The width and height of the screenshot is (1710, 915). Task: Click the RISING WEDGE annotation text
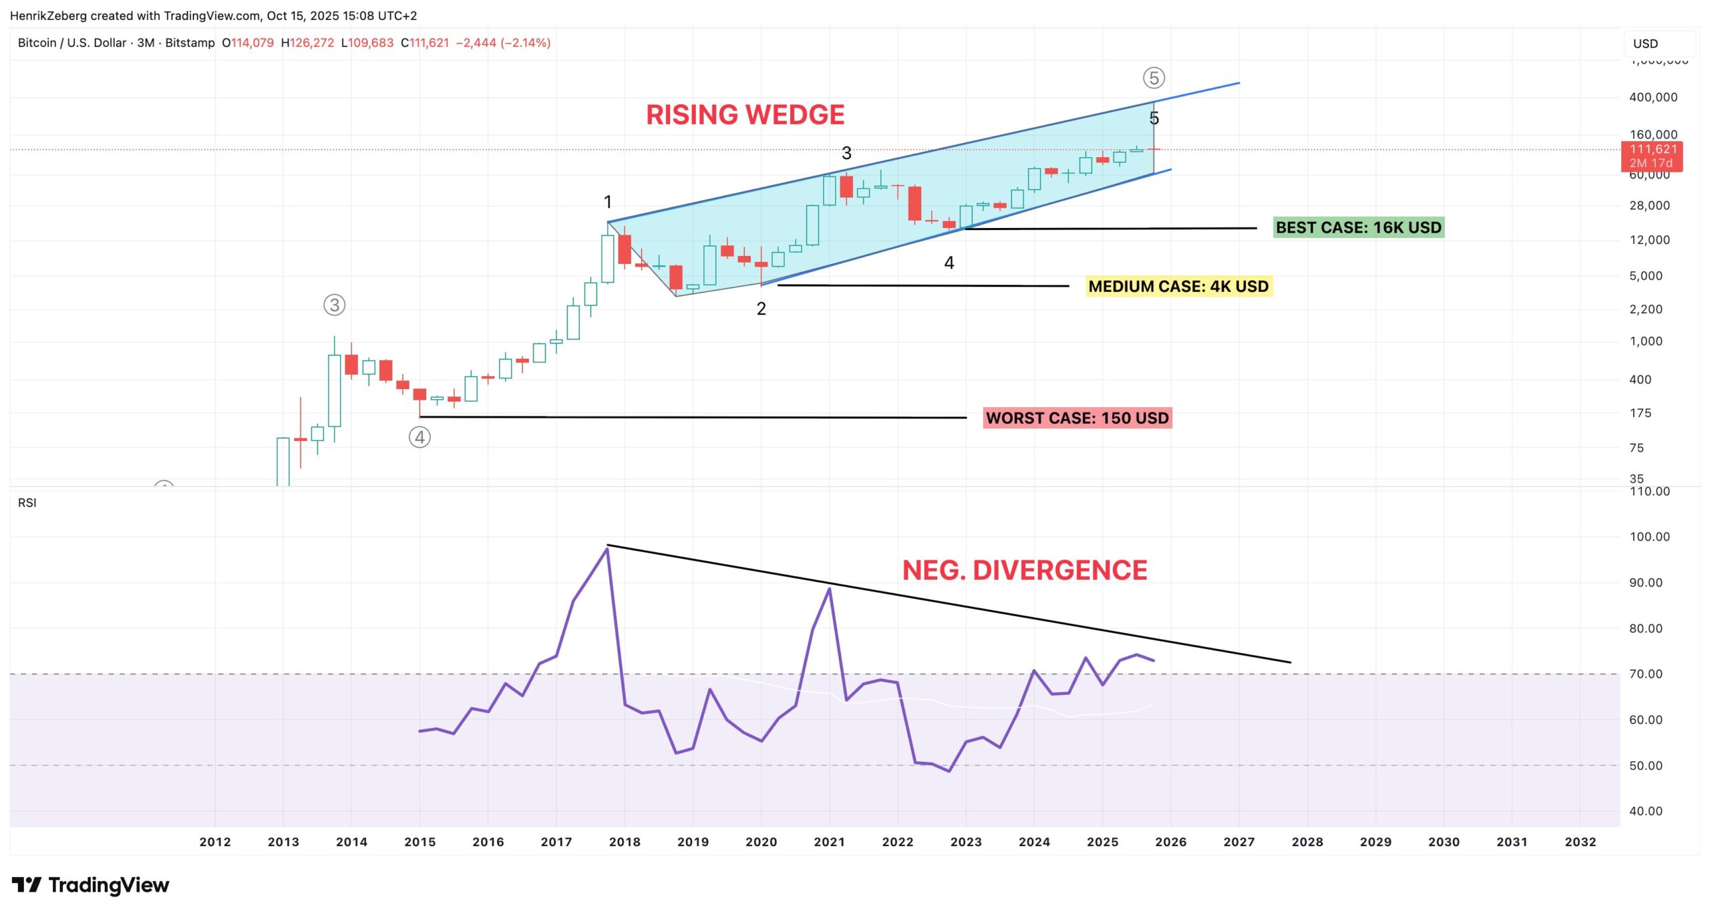pos(745,115)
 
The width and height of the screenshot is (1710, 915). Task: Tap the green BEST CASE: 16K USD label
pos(1358,228)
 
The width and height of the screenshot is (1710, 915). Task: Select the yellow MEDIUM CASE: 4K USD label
pos(1178,287)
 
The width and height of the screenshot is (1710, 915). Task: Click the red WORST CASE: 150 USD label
pos(1077,418)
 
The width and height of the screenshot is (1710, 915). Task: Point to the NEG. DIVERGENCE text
pos(1025,570)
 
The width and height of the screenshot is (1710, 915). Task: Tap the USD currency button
pos(1645,44)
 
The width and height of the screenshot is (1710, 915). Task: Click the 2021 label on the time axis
pos(829,842)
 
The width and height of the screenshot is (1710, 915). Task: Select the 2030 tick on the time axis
pos(1443,842)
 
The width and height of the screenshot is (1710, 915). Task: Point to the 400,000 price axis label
pos(1653,98)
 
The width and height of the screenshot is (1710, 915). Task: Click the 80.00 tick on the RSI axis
pos(1645,628)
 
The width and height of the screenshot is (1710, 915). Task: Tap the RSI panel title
pos(27,503)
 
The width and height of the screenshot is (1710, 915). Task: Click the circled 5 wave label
pos(1154,78)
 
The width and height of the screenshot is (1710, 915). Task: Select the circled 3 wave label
pos(334,305)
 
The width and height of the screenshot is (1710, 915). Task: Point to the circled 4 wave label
pos(419,438)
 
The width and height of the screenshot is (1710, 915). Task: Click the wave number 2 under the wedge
pos(761,309)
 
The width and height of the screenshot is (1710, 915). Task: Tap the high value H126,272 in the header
pos(307,43)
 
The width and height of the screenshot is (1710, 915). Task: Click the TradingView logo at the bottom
pos(91,885)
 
